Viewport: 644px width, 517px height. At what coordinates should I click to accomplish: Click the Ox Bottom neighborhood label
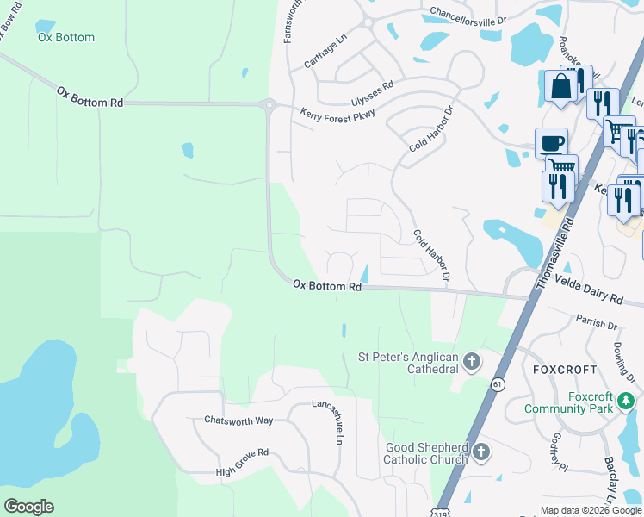66,38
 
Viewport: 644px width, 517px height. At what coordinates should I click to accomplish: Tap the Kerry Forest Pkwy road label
337,115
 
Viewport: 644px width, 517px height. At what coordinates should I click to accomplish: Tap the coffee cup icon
550,141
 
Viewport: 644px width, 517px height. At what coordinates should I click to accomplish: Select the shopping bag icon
560,86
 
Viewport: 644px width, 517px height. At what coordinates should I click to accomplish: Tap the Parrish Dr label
600,326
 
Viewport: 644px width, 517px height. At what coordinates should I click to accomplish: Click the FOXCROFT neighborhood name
565,369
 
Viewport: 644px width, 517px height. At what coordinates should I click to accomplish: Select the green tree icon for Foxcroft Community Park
627,402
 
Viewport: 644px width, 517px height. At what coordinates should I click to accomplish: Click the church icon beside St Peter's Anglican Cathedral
471,362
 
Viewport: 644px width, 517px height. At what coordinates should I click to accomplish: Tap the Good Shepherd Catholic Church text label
426,453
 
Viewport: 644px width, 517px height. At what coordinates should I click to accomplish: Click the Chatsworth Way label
238,420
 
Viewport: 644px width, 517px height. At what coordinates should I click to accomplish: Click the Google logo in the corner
28,507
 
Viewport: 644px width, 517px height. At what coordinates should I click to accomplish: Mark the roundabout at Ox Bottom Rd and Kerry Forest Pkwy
269,104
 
